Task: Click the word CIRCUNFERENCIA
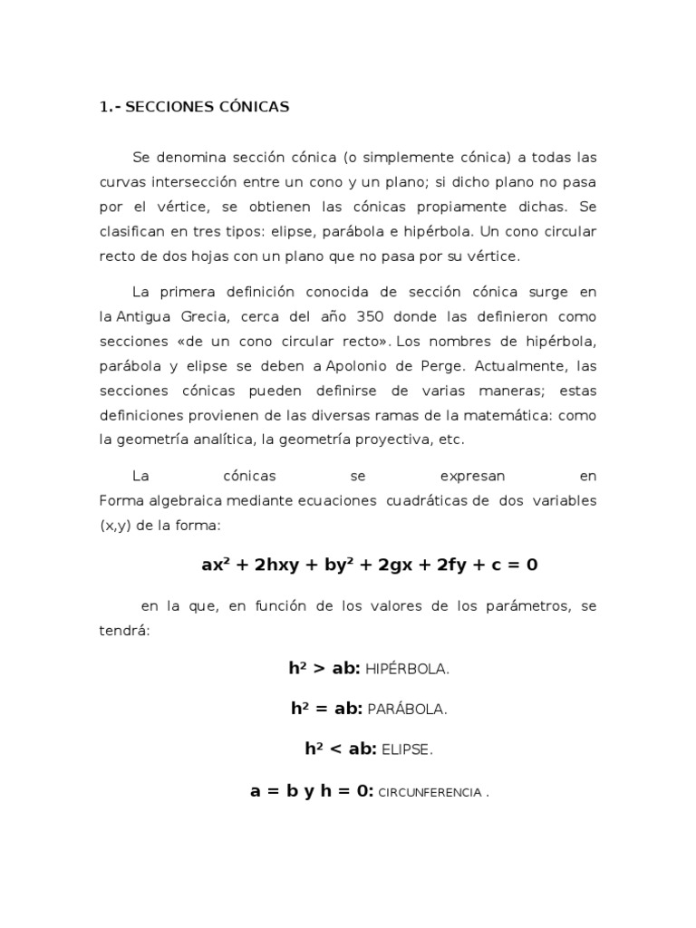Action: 430,791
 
